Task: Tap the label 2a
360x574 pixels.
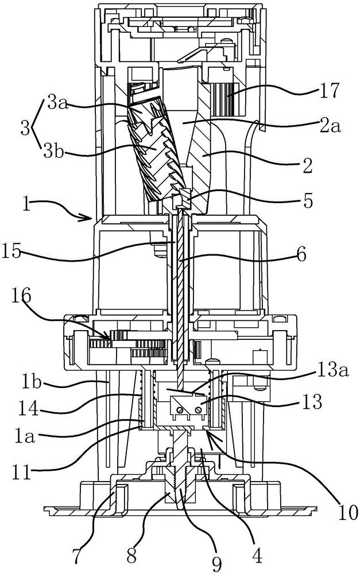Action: [329, 126]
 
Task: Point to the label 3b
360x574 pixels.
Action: [53, 150]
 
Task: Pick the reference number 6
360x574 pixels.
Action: [301, 254]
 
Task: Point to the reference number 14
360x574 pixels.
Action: [29, 408]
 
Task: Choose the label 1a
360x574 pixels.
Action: [25, 437]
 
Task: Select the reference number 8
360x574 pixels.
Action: [131, 555]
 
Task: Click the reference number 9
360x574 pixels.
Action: [217, 564]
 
